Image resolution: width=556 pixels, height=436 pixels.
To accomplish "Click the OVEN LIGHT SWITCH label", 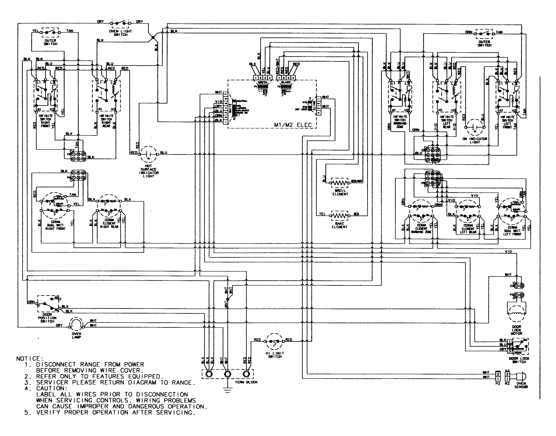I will [120, 33].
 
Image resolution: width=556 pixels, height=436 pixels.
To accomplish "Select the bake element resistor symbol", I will [339, 216].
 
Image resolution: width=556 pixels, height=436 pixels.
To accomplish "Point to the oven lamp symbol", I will [76, 325].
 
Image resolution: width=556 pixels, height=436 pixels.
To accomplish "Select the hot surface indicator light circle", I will [148, 154].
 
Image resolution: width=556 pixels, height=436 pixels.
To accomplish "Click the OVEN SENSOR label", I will [521, 385].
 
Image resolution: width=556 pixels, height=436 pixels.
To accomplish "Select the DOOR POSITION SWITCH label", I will [47, 318].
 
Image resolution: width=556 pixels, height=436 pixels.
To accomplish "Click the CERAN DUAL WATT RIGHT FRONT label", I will [55, 225].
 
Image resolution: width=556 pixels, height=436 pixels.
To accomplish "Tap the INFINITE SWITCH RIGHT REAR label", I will [106, 121].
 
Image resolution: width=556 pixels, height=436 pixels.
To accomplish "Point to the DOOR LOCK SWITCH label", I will [519, 360].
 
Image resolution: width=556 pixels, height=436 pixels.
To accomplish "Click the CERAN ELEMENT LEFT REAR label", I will [468, 229].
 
